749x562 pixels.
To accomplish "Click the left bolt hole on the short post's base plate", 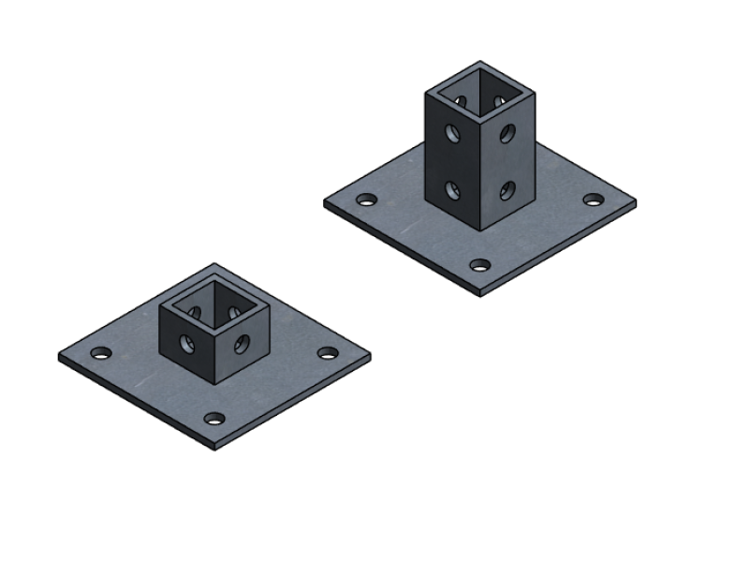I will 100,353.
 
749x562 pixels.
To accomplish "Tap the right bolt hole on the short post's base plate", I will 328,352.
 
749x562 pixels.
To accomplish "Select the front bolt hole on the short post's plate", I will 215,419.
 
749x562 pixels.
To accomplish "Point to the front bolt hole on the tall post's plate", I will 480,265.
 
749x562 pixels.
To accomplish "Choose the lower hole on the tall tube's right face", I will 507,191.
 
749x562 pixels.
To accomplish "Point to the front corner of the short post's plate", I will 215,448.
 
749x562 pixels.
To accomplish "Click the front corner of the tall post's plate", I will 480,294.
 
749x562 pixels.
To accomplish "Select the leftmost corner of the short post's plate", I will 59,357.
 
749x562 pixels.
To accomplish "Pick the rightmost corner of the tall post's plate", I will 636,203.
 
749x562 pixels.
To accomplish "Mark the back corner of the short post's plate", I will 214,264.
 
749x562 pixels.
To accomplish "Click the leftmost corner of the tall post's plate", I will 325,202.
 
